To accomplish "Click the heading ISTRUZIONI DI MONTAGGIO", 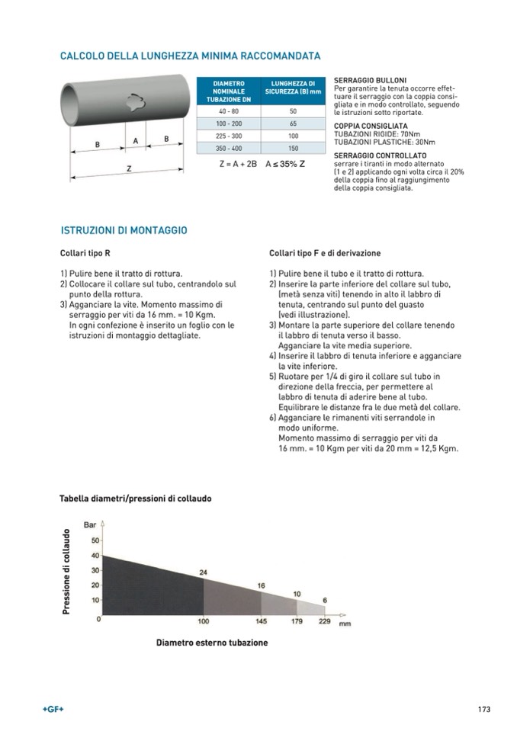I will (x=124, y=229).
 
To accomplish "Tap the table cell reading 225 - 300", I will (x=229, y=135).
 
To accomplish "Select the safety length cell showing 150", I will (x=293, y=148).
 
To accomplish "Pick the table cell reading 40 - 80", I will (x=229, y=111).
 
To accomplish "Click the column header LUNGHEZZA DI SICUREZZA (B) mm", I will (x=293, y=88).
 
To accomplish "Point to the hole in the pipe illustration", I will (x=134, y=100).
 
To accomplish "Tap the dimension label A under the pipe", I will (x=136, y=141).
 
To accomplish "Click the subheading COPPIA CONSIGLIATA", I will (x=371, y=126).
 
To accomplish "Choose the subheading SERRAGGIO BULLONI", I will (x=370, y=80).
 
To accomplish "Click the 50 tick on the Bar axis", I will (x=95, y=540).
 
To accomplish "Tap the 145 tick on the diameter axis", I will (x=262, y=622).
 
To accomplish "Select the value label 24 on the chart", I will (x=204, y=572).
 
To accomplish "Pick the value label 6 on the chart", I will (x=325, y=601).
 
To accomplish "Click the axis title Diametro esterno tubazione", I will (x=212, y=643).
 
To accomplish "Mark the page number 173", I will (x=483, y=710).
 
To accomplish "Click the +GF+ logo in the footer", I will (x=53, y=710).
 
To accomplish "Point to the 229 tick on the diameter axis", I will (x=324, y=622).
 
